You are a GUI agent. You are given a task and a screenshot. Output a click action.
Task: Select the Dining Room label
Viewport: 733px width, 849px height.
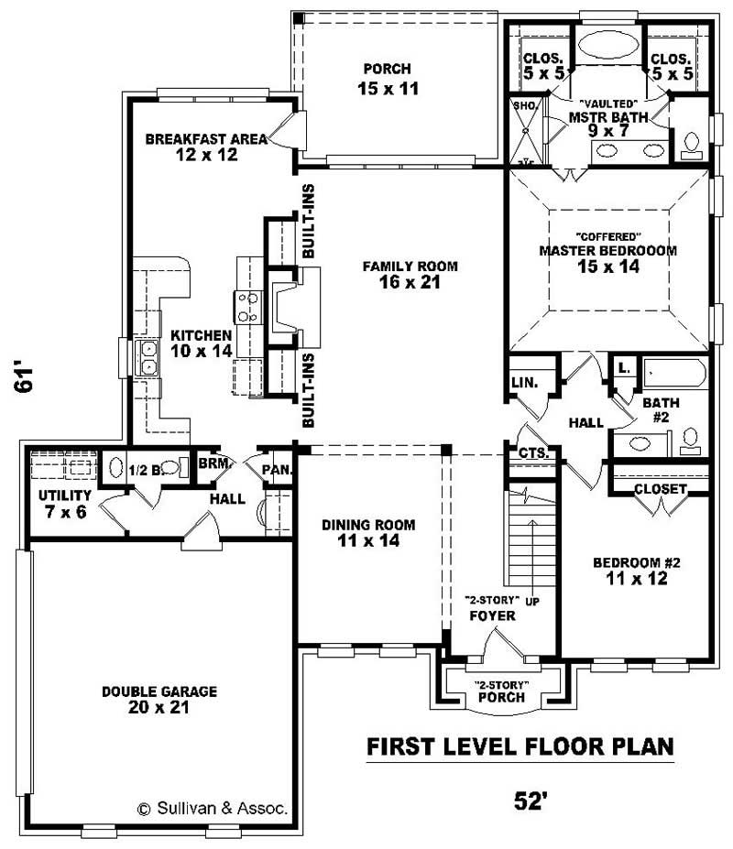point(367,525)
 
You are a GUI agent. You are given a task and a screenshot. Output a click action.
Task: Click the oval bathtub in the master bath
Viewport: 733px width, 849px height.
point(607,46)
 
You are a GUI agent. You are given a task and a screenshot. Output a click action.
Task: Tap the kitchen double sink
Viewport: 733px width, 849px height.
point(147,357)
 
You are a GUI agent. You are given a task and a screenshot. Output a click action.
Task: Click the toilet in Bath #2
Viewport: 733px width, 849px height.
point(691,439)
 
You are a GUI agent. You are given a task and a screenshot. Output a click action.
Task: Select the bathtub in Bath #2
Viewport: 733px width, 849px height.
point(673,374)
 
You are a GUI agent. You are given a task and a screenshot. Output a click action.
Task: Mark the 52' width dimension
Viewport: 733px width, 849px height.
point(531,801)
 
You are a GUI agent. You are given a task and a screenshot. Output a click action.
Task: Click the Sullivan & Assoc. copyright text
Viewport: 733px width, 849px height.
point(213,809)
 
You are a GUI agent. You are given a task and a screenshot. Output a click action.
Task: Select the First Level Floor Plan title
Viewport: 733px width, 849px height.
point(520,746)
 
